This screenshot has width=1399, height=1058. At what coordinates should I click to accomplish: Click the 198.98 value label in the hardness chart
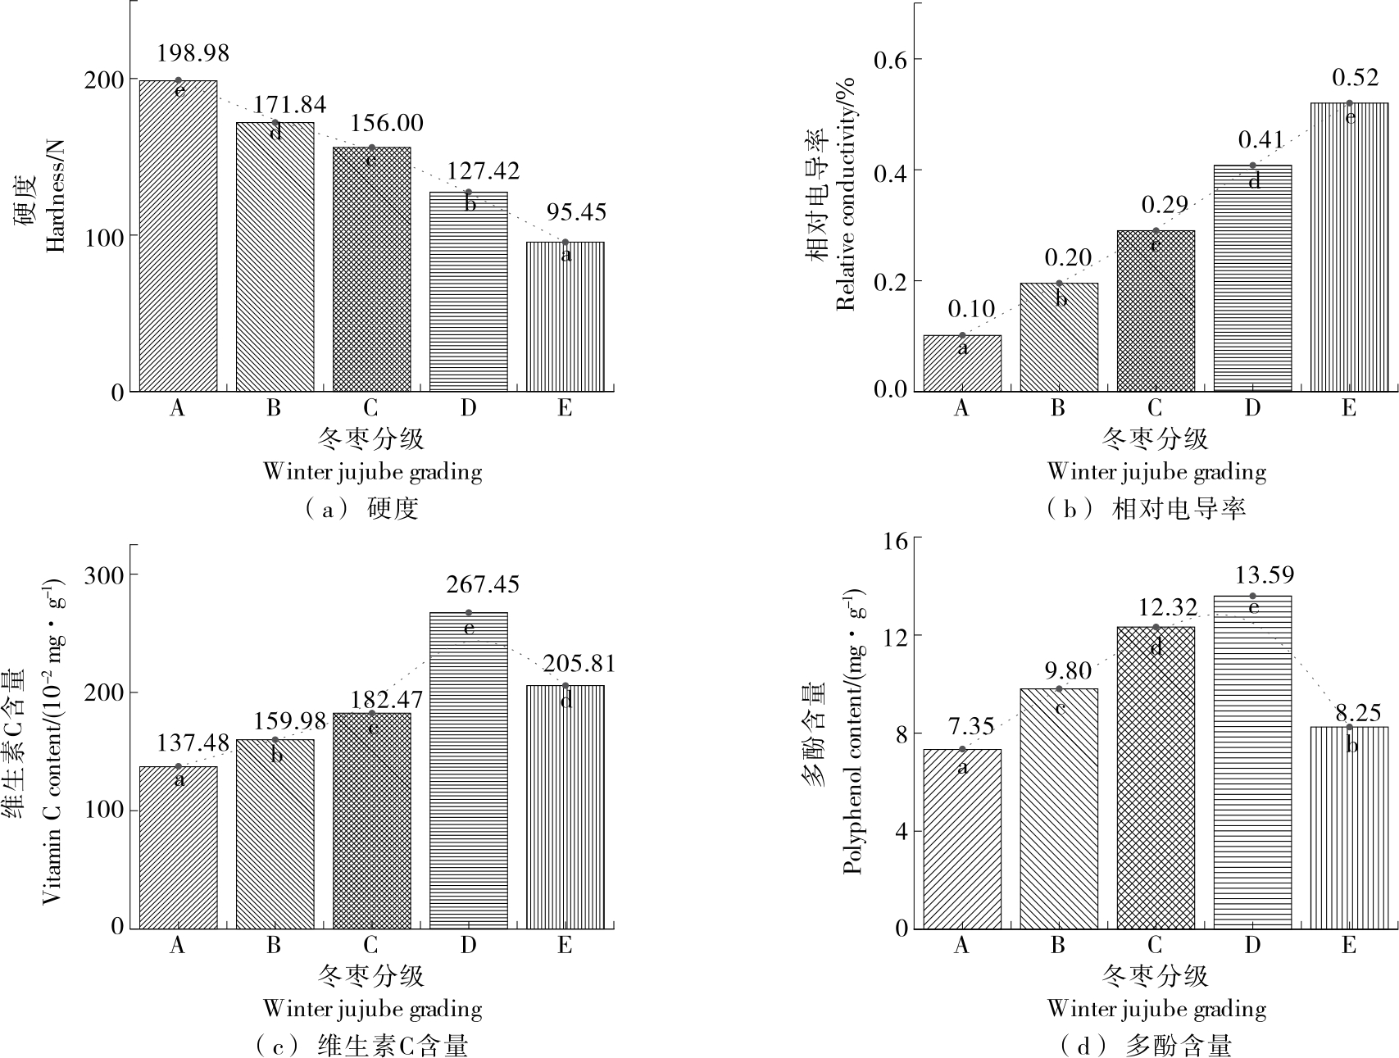193,54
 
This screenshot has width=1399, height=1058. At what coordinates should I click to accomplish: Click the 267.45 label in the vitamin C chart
483,585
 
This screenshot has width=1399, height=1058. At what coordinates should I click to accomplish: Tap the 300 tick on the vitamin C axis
104,575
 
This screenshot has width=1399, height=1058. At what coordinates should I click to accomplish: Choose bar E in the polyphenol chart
1349,828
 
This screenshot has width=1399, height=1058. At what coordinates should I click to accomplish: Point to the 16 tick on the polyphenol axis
897,541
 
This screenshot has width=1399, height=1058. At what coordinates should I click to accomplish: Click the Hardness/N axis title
54,197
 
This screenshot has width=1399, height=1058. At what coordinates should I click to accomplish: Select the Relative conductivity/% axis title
845,193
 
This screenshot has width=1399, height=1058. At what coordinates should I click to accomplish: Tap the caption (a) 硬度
361,509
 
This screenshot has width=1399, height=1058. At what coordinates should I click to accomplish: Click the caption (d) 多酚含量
1146,1046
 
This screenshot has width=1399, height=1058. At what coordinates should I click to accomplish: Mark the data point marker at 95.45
565,242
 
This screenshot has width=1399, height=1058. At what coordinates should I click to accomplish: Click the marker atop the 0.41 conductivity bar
1252,166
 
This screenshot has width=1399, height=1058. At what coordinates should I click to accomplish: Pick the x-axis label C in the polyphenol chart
1155,946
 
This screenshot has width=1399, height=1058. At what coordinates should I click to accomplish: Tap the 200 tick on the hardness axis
104,79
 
